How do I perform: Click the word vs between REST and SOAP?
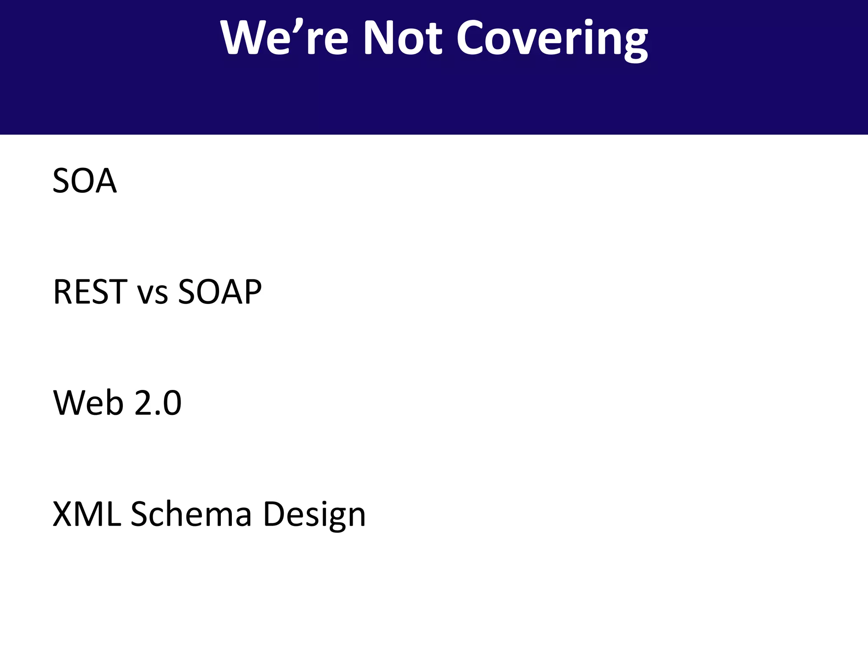(153, 295)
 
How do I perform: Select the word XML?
(86, 514)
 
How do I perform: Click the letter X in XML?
(62, 514)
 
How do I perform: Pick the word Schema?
(191, 514)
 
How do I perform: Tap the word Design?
(314, 515)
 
